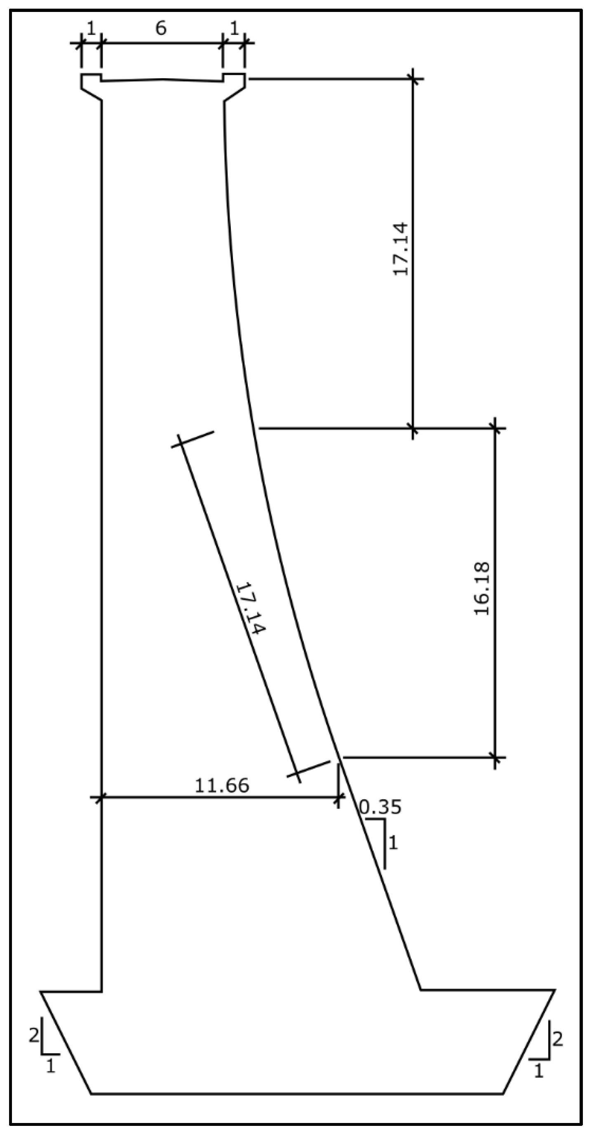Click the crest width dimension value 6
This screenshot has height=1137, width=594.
coord(161,29)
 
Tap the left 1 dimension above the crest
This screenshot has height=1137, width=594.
coord(91,29)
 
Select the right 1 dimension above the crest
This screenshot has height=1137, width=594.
coord(234,29)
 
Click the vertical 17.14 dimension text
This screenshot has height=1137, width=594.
coord(401,249)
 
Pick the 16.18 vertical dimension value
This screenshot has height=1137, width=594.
coord(482,589)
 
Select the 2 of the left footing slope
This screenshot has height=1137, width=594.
coord(34,1035)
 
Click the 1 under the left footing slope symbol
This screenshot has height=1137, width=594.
coord(51,1067)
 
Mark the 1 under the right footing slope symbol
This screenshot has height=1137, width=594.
coord(538,1071)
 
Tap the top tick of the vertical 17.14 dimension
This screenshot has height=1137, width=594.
coord(413,79)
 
